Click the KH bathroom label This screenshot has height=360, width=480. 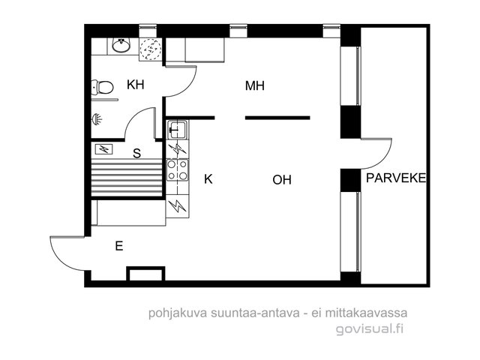point(136,85)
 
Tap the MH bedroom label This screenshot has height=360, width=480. point(255,86)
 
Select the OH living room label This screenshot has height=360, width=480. point(282,180)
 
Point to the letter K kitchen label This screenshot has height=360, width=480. point(208,179)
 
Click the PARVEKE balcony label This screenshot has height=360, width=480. point(396,178)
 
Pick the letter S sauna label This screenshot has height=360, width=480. point(136,153)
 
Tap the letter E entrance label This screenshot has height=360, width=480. point(119,246)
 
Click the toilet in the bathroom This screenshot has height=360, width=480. point(103,88)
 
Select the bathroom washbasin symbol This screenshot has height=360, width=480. point(121,46)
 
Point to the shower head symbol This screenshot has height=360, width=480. point(97,119)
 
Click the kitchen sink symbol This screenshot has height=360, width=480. point(178,130)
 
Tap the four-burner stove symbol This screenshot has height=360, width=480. point(177,170)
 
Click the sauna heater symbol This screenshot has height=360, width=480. point(104,149)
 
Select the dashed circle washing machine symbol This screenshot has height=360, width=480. point(150,49)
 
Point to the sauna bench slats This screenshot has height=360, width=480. point(127,178)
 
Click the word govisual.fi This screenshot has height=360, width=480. point(370,329)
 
